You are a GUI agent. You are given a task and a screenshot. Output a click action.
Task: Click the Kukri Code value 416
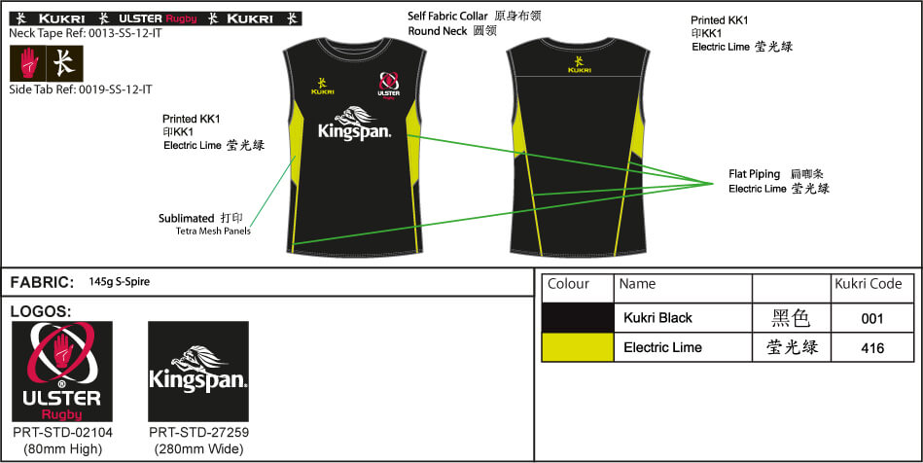(x=871, y=348)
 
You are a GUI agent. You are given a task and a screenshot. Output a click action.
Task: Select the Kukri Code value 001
(x=871, y=319)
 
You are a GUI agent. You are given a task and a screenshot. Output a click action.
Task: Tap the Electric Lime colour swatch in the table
(x=578, y=347)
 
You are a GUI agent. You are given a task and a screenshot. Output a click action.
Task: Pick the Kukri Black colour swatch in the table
(x=578, y=318)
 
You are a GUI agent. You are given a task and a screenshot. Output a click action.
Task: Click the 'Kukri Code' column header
(x=869, y=284)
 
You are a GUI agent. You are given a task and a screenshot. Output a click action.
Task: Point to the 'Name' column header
(x=637, y=284)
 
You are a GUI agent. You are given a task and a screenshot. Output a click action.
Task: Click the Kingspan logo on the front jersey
(x=354, y=124)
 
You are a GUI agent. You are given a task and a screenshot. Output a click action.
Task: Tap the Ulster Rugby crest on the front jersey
(x=388, y=86)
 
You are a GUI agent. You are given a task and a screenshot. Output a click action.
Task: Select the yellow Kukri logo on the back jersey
(x=580, y=64)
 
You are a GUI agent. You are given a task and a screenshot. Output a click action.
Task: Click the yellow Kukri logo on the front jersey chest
(x=323, y=87)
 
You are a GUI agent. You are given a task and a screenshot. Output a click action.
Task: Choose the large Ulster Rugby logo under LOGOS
(x=62, y=372)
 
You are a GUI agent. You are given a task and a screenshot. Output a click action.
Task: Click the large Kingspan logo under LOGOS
(x=198, y=372)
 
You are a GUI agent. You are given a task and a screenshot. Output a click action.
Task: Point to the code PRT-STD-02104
(x=62, y=433)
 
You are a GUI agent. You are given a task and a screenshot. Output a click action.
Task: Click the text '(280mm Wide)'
(x=199, y=449)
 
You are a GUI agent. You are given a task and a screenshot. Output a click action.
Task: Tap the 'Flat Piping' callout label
(x=754, y=174)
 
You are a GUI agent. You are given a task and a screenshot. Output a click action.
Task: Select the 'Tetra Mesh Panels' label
(x=213, y=231)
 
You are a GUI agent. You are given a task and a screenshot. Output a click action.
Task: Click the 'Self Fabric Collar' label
(x=447, y=17)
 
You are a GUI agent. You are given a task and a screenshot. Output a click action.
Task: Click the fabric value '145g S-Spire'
(x=120, y=281)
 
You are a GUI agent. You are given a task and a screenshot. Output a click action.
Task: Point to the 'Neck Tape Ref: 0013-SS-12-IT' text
(x=86, y=34)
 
